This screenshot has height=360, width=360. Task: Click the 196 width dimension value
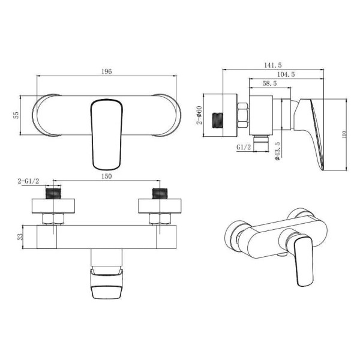tap(107, 71)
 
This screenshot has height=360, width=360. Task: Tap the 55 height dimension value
tap(16, 115)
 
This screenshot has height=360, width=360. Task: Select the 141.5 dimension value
tap(273, 65)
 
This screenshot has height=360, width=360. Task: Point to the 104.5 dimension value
tap(286, 74)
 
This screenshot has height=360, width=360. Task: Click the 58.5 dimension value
tap(269, 83)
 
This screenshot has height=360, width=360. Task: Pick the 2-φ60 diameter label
tap(199, 115)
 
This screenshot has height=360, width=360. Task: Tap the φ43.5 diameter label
tap(277, 151)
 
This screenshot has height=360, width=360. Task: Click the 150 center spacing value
tap(107, 176)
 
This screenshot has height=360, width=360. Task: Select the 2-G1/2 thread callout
tap(28, 181)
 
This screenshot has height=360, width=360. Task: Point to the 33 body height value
tap(20, 237)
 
